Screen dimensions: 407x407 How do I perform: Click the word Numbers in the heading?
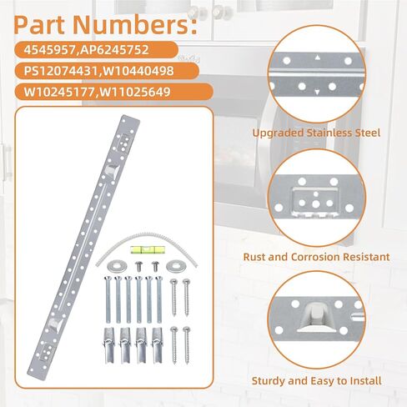[x=135, y=25]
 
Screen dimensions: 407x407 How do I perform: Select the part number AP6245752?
[x=114, y=50]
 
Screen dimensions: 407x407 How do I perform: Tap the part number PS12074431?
[x=61, y=71]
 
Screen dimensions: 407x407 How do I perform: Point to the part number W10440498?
[x=137, y=71]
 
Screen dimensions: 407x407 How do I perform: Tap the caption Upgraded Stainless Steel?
[x=316, y=133]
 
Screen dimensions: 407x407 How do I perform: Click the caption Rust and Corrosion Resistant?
[x=316, y=257]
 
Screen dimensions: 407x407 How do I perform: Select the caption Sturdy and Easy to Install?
[x=316, y=381]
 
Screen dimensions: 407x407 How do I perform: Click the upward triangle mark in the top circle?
[x=317, y=58]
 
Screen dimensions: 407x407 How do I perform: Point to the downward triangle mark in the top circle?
[x=317, y=92]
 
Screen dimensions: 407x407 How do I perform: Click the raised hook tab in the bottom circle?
[x=316, y=318]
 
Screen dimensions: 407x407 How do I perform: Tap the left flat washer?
[x=117, y=266]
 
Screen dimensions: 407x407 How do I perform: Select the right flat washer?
[x=176, y=266]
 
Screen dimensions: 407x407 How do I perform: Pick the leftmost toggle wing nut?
[x=108, y=345]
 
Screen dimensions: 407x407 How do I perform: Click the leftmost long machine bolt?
[x=108, y=299]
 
